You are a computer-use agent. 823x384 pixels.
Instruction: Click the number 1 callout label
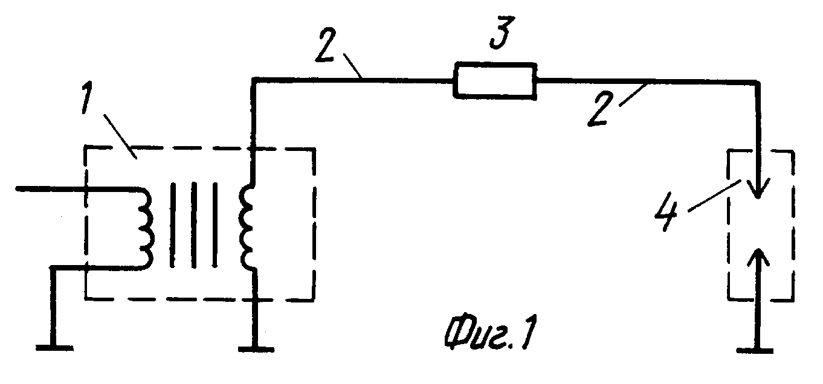[87, 97]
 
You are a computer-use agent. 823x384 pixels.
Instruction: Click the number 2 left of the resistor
[325, 45]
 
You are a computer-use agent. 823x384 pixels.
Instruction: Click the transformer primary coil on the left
[146, 229]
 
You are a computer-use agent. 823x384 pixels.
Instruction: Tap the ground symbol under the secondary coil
[256, 349]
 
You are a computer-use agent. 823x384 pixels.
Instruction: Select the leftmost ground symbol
[54, 347]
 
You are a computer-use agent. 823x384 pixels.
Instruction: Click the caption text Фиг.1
[489, 331]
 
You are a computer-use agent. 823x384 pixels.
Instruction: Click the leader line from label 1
[120, 136]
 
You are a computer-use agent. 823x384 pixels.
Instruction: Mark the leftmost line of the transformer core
[173, 225]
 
